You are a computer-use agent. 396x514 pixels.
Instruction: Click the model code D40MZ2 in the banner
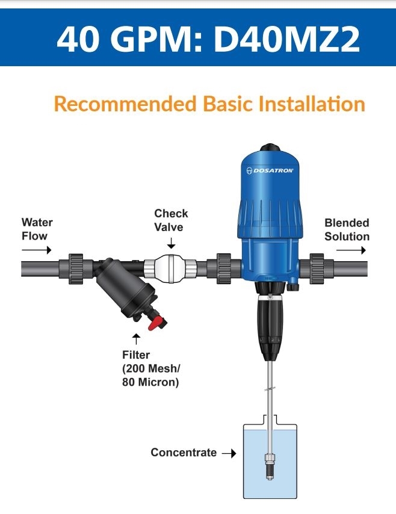coord(286,39)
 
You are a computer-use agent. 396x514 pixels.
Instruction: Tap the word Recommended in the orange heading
coord(125,104)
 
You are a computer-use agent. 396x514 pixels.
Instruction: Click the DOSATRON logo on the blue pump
coord(270,170)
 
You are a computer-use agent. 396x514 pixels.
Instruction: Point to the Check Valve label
coord(171,220)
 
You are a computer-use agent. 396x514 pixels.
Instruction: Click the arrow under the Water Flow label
coord(37,250)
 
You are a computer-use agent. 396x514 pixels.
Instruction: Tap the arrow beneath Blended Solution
coord(351,250)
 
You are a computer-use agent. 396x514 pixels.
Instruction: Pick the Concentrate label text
coord(184,453)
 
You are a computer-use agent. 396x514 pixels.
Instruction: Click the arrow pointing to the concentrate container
coord(229,453)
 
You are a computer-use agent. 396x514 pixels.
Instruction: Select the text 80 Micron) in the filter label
coord(150,382)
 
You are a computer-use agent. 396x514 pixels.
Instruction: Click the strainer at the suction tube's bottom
coord(270,466)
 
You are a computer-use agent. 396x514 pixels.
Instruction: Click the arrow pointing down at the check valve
coord(171,243)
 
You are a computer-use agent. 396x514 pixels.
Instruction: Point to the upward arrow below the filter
coord(137,339)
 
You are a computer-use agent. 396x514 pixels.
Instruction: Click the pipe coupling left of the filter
coord(76,269)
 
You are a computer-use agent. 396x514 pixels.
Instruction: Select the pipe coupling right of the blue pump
coord(317,269)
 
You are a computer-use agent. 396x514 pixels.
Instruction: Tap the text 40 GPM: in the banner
coord(129,39)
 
